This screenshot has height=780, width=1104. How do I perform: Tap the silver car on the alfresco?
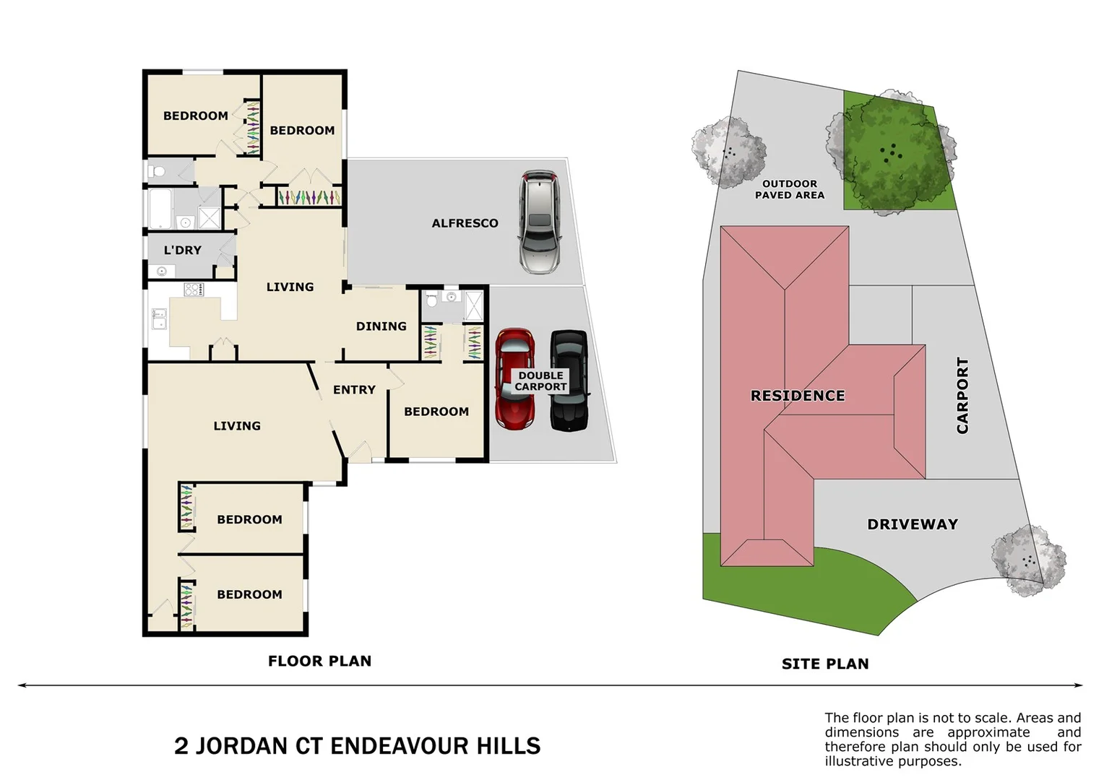pyautogui.click(x=539, y=222)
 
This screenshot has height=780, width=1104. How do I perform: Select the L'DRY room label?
pyautogui.click(x=182, y=250)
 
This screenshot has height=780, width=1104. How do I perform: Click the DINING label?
pyautogui.click(x=381, y=326)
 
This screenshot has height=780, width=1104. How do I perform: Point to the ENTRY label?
pyautogui.click(x=354, y=390)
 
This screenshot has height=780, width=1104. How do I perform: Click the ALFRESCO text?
pyautogui.click(x=465, y=223)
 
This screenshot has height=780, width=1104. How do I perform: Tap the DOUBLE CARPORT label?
pyautogui.click(x=540, y=381)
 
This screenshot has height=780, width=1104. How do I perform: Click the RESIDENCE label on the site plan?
pyautogui.click(x=798, y=396)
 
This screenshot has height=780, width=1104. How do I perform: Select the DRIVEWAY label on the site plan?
pyautogui.click(x=913, y=524)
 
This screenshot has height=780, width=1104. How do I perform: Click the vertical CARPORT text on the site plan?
pyautogui.click(x=962, y=395)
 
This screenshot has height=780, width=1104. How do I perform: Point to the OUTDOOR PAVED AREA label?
pyautogui.click(x=789, y=189)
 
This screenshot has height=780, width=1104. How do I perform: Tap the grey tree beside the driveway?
pyautogui.click(x=1027, y=560)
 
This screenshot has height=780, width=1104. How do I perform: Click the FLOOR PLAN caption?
pyautogui.click(x=319, y=661)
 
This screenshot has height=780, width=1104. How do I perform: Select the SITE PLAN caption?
pyautogui.click(x=825, y=664)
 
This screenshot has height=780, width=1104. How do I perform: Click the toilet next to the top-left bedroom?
pyautogui.click(x=156, y=171)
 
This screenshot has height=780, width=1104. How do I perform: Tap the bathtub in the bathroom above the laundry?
pyautogui.click(x=160, y=208)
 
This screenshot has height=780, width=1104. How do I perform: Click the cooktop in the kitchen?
pyautogui.click(x=194, y=290)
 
